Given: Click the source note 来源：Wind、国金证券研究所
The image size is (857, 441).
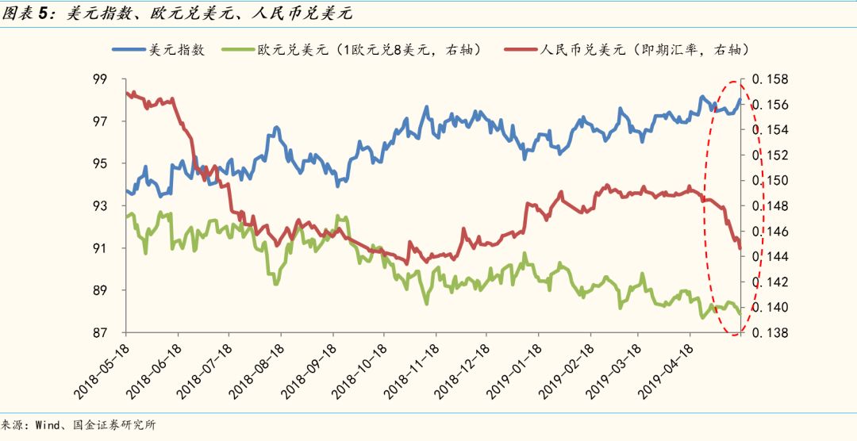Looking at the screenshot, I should [79, 425].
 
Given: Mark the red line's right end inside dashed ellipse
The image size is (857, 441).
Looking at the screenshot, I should [740, 248].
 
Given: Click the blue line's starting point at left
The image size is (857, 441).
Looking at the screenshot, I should [126, 190].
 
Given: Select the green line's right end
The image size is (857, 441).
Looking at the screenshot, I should [740, 313].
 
